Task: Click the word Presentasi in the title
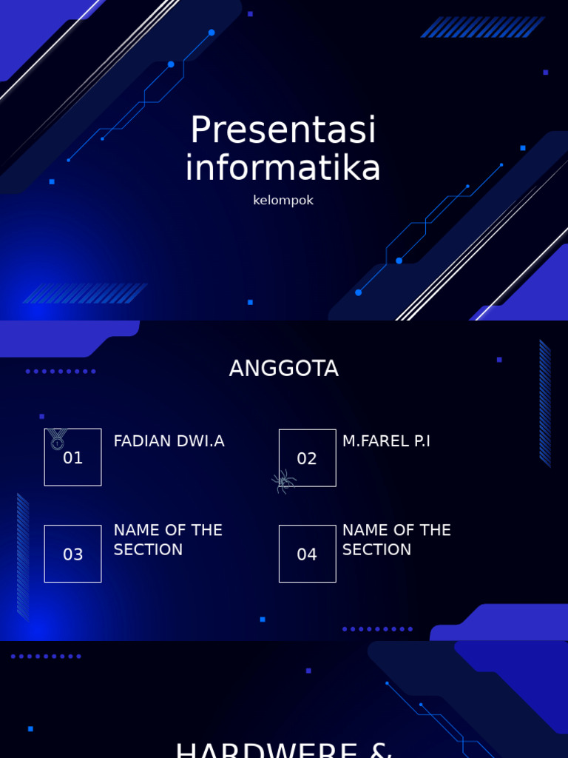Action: click(x=283, y=130)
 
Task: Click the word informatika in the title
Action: click(x=283, y=168)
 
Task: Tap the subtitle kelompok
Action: click(x=283, y=201)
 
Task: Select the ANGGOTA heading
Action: click(x=283, y=369)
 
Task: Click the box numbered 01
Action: click(x=72, y=458)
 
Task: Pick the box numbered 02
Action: click(x=307, y=458)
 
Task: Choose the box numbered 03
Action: click(x=72, y=554)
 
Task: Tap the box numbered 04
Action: click(x=307, y=554)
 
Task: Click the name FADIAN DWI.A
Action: click(x=169, y=441)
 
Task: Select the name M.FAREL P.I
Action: click(x=386, y=441)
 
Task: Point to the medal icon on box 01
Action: click(x=57, y=439)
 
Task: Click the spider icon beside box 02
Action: click(x=283, y=482)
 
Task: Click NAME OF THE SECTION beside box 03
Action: click(x=168, y=540)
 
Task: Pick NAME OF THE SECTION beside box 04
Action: click(x=396, y=540)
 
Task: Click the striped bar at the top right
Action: click(x=482, y=27)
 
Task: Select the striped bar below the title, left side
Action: click(x=85, y=293)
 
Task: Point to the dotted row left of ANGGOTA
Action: click(x=61, y=371)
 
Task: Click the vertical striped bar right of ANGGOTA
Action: click(x=545, y=403)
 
